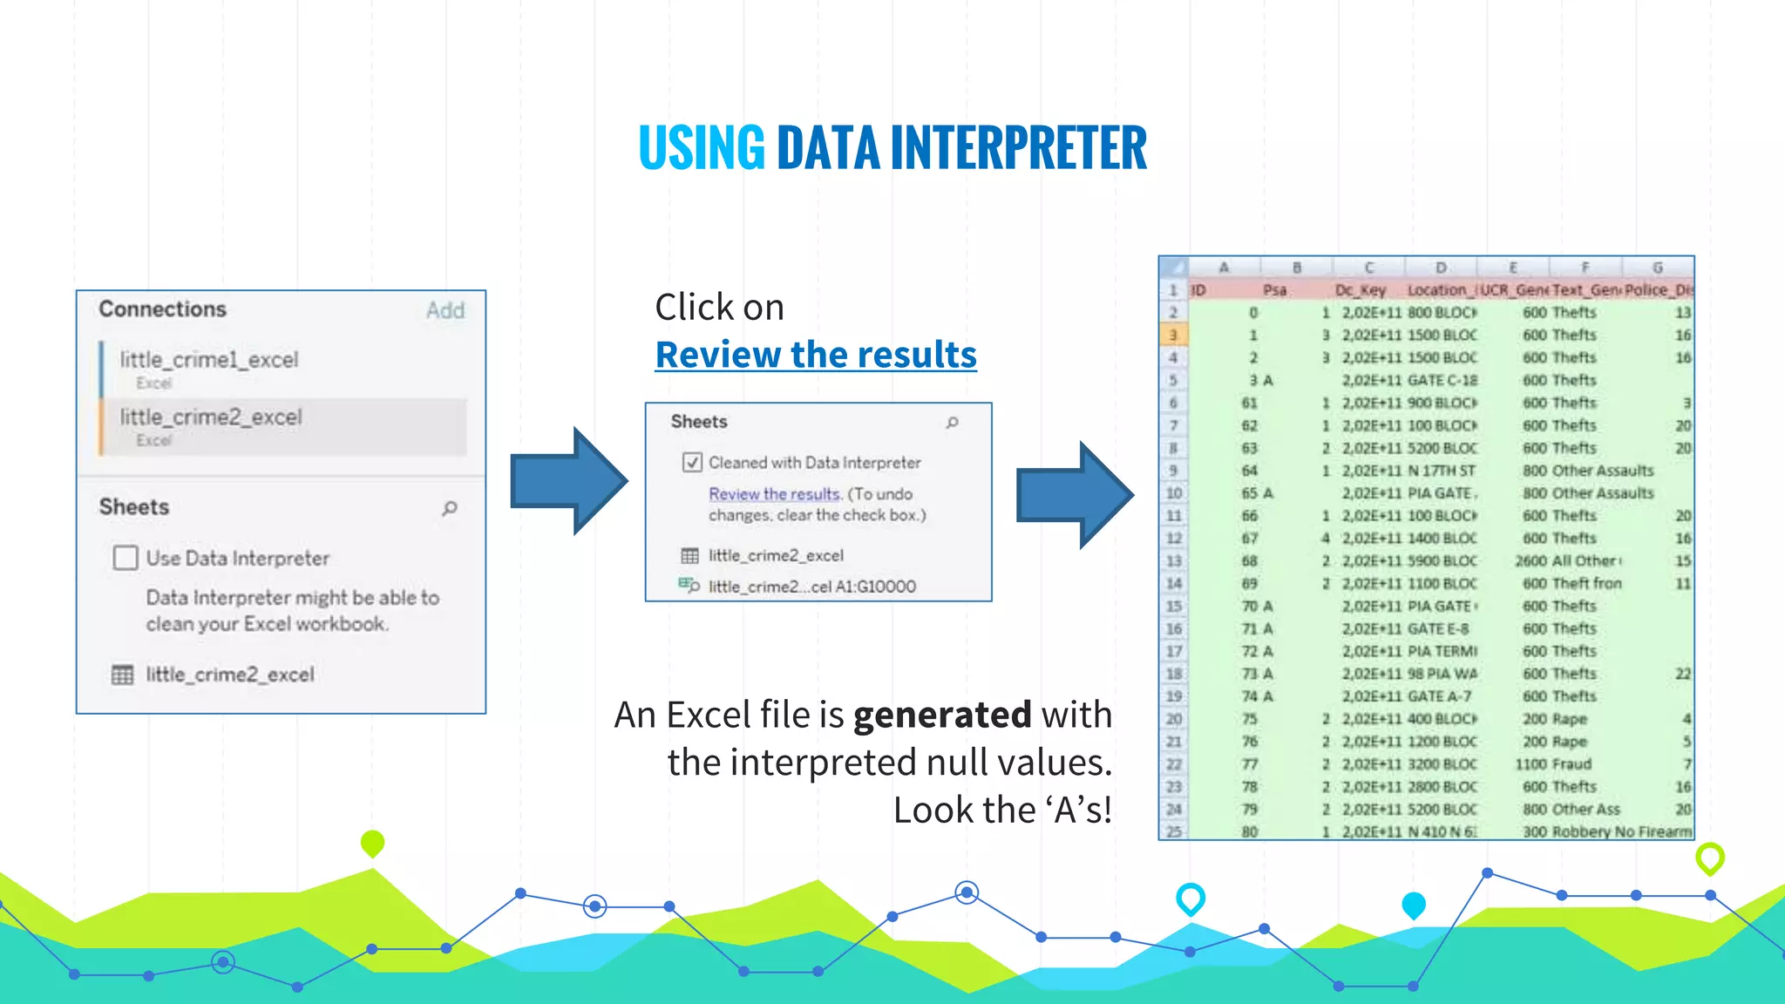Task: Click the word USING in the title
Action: [x=702, y=147]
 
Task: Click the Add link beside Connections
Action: [x=445, y=310]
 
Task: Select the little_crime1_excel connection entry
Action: [x=209, y=360]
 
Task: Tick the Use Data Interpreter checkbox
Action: [x=126, y=558]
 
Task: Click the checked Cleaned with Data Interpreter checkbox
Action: [x=692, y=463]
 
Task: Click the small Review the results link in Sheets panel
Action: [x=774, y=494]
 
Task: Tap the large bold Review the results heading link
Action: [x=816, y=355]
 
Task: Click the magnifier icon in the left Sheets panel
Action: [x=450, y=508]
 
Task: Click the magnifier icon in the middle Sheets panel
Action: [x=953, y=423]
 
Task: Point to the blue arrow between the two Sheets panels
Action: [x=568, y=481]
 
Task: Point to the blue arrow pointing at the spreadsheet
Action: [x=1075, y=495]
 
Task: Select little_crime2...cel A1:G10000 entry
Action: [x=811, y=587]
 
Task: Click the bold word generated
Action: [x=942, y=715]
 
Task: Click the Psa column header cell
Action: [x=1274, y=290]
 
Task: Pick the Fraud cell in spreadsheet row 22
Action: [x=1571, y=764]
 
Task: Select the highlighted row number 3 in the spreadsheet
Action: [x=1173, y=335]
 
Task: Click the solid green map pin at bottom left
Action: [x=372, y=842]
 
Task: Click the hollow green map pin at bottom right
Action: [x=1709, y=858]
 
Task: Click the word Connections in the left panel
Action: [x=162, y=309]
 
